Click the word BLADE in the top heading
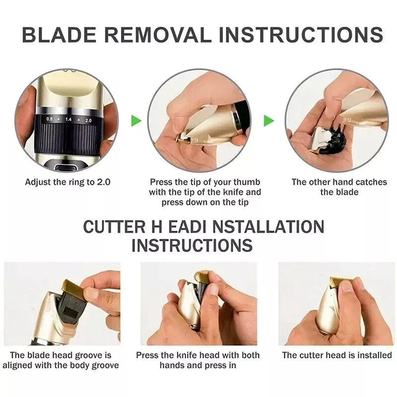click(x=60, y=34)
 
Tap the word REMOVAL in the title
click(x=158, y=34)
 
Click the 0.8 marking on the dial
click(x=49, y=119)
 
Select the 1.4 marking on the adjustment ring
click(x=68, y=119)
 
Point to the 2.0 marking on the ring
click(x=88, y=121)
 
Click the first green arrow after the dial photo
click(x=136, y=121)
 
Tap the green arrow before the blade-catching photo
click(x=269, y=121)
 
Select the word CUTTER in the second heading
click(x=115, y=227)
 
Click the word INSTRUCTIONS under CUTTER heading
click(x=192, y=245)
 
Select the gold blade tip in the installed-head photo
click(x=340, y=282)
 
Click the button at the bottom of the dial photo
click(x=66, y=167)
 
